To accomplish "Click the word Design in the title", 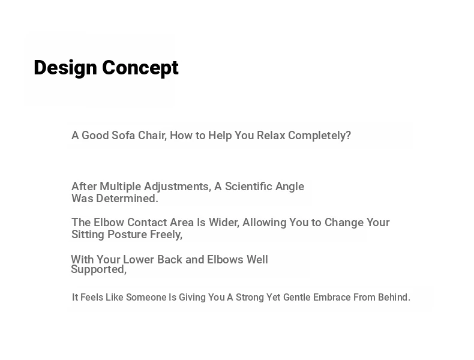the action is (x=65, y=68).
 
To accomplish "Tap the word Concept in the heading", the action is (x=140, y=68).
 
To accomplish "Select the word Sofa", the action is (x=124, y=135).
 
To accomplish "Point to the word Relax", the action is (x=271, y=135).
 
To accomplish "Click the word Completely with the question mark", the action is (x=320, y=136).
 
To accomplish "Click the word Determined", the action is (x=127, y=198).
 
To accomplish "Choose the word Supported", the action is (x=98, y=269).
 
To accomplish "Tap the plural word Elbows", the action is (x=225, y=259).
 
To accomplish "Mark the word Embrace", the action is (x=332, y=297).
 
